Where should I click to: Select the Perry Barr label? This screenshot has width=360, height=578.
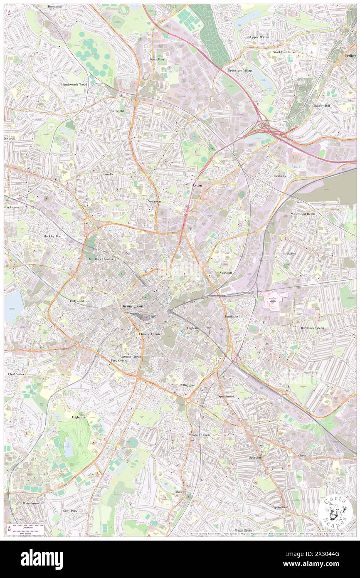coord(158,59)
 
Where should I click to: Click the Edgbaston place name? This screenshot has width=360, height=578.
coord(79,417)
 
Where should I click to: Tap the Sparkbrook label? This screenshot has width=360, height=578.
coord(226,396)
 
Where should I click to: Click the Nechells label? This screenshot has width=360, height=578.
coord(280,176)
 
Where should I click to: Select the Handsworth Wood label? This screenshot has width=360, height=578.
coord(74,84)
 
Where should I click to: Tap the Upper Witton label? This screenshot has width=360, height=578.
coord(259,37)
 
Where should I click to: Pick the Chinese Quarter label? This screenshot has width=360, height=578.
coord(150,334)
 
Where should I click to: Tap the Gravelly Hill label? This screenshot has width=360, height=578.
coord(321,106)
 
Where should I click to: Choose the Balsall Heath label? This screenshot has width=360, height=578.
coord(200,435)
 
